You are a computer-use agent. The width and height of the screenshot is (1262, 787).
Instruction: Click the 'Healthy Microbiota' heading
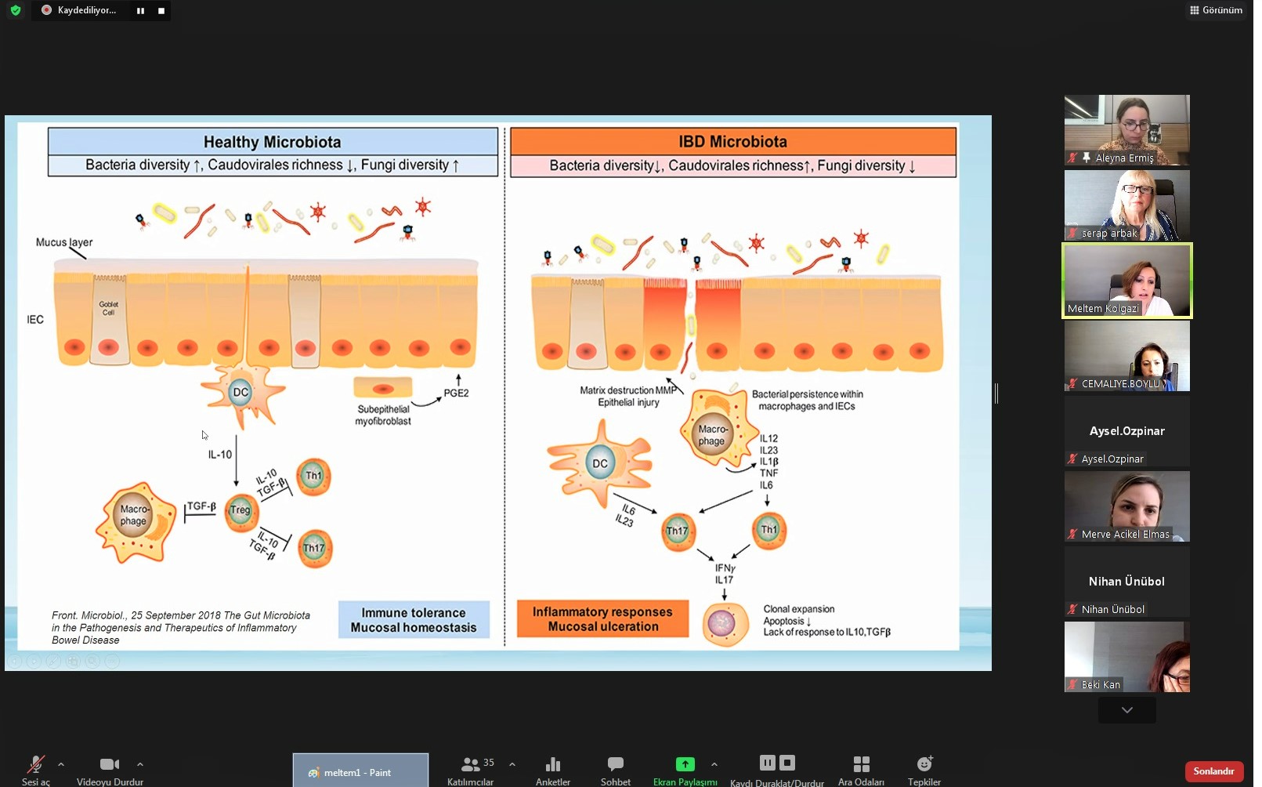[273, 142]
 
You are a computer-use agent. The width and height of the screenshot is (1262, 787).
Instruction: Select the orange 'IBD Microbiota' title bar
[732, 142]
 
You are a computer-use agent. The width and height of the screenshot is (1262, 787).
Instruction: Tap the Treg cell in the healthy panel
[240, 510]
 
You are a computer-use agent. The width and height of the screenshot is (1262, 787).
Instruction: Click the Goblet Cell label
[109, 308]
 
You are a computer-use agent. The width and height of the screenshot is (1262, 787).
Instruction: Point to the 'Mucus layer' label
[64, 242]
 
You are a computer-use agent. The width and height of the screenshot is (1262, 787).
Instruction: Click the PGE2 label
[456, 393]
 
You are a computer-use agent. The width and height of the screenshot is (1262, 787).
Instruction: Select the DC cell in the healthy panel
[240, 392]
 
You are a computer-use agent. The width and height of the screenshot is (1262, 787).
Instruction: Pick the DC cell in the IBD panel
[600, 463]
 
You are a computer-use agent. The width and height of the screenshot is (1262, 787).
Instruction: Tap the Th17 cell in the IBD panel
[677, 531]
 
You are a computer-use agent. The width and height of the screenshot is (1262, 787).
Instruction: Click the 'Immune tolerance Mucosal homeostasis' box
[414, 620]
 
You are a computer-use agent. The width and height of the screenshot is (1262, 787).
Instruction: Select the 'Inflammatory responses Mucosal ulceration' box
[602, 618]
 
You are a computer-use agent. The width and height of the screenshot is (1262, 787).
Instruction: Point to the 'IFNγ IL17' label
[725, 574]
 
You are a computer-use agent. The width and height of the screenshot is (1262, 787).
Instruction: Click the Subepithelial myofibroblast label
[383, 415]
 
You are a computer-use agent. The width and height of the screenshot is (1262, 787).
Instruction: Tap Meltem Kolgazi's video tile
[1126, 281]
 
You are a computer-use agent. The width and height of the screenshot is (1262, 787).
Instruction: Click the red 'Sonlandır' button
[1213, 771]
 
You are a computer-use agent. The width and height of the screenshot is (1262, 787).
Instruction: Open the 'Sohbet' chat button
[616, 770]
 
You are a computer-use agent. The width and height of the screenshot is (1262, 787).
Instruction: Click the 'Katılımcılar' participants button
[471, 770]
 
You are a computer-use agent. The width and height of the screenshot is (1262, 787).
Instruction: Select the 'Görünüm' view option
[1216, 10]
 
